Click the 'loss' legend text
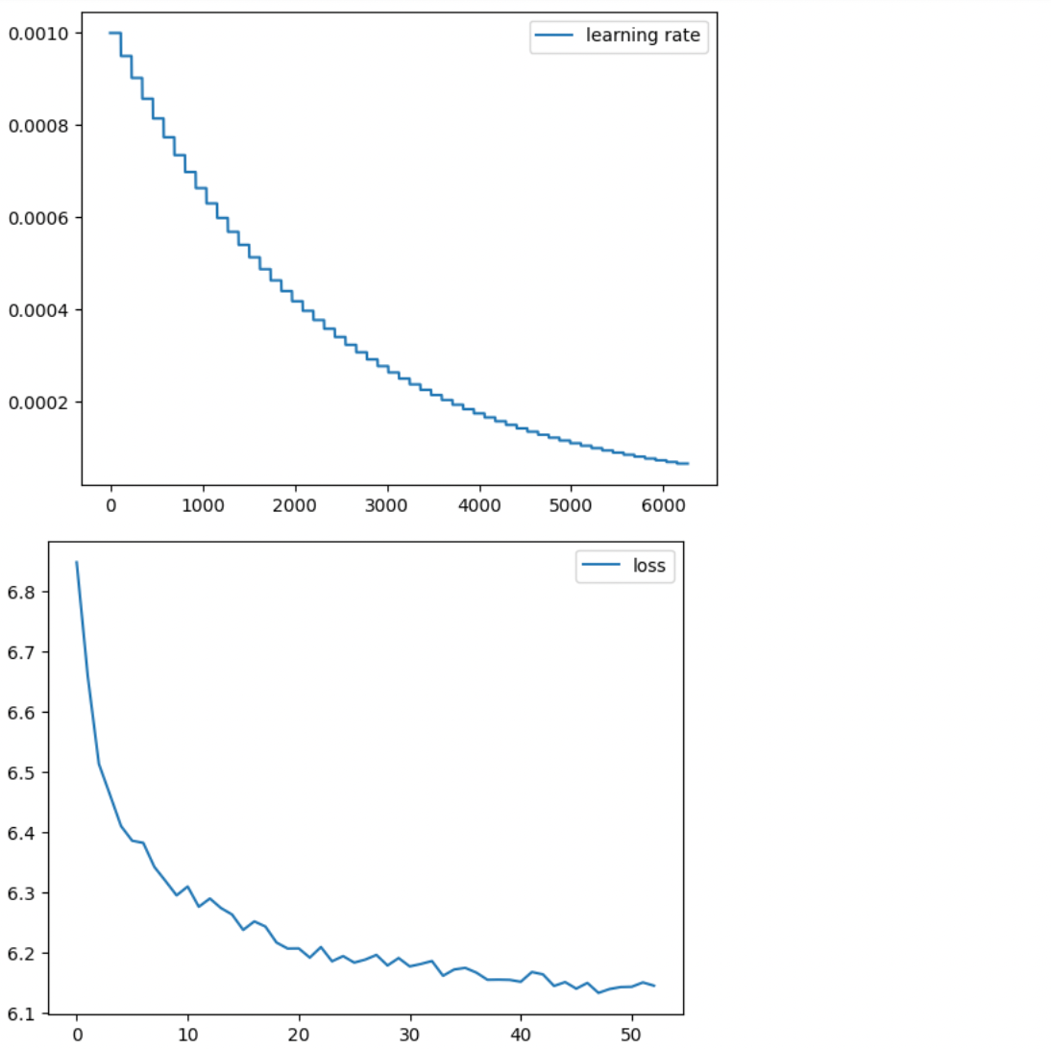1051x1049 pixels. [x=648, y=566]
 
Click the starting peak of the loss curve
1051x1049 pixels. [x=77, y=562]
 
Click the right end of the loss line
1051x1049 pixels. [x=654, y=986]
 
